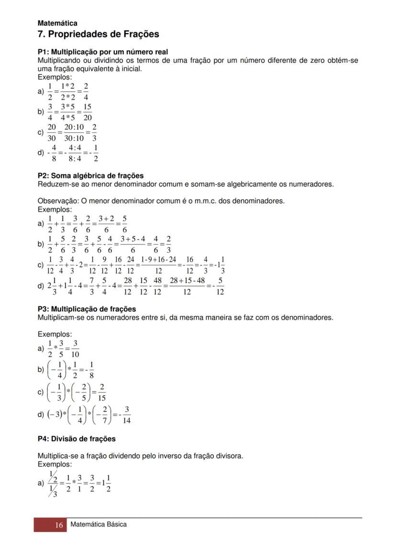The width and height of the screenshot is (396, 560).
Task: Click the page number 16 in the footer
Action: (59, 525)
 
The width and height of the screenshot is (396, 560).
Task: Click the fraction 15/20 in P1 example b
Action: (88, 112)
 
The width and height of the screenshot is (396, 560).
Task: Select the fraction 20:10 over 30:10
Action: (74, 132)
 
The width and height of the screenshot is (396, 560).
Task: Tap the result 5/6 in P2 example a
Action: (124, 223)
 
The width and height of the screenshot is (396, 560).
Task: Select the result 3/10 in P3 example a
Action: (75, 349)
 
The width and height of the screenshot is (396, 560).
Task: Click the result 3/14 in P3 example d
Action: (126, 415)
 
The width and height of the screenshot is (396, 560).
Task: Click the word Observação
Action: (55, 201)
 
